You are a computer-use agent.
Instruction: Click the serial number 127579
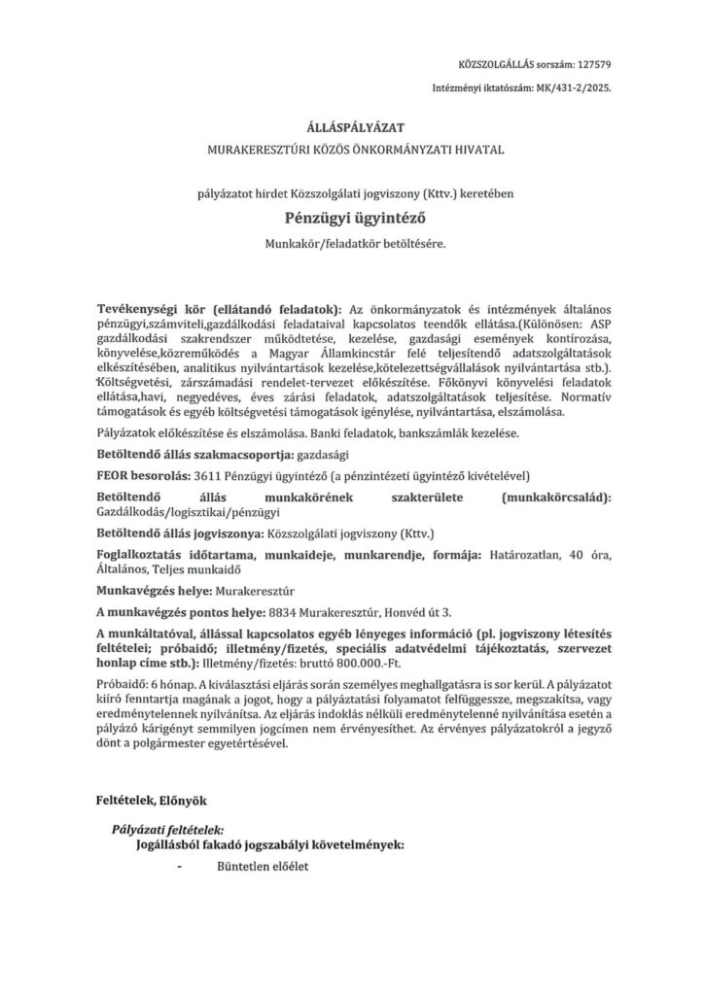click(x=593, y=64)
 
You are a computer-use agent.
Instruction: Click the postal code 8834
click(x=284, y=611)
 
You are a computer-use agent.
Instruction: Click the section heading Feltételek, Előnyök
click(x=151, y=801)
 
